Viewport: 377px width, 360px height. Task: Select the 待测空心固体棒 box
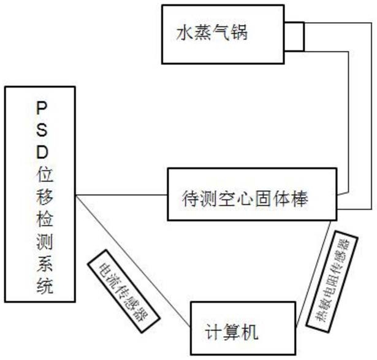pyautogui.click(x=251, y=196)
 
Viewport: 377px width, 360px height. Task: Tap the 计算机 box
pyautogui.click(x=240, y=332)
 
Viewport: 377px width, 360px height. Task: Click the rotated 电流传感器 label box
pyautogui.click(x=123, y=288)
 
